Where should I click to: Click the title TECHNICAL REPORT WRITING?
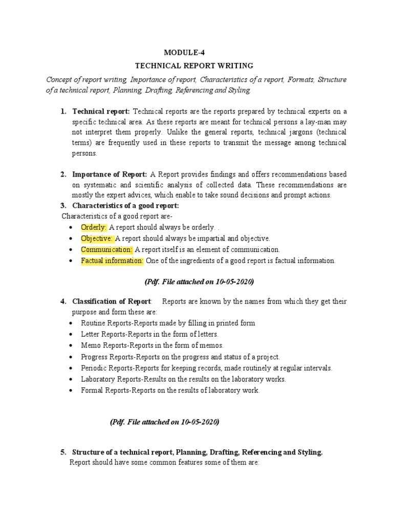tap(194, 66)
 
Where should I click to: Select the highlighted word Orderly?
tap(94, 227)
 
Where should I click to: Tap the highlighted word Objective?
tap(97, 238)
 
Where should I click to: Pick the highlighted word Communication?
tap(106, 250)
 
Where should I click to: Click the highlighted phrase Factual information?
tap(112, 261)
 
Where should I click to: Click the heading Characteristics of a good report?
tap(125, 206)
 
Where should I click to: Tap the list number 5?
tap(63, 452)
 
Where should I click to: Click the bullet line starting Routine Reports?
tap(168, 323)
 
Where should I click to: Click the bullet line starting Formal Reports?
tap(170, 391)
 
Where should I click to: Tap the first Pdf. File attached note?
tap(196, 282)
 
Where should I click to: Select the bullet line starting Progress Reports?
tap(180, 357)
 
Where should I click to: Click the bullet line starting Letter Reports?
tap(149, 335)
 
